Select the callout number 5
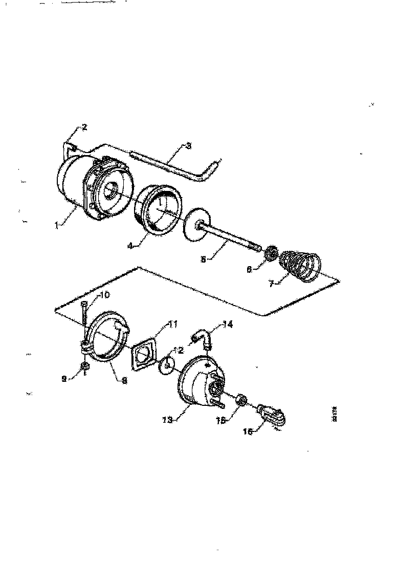pyautogui.click(x=204, y=259)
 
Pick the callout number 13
pyautogui.click(x=166, y=419)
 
